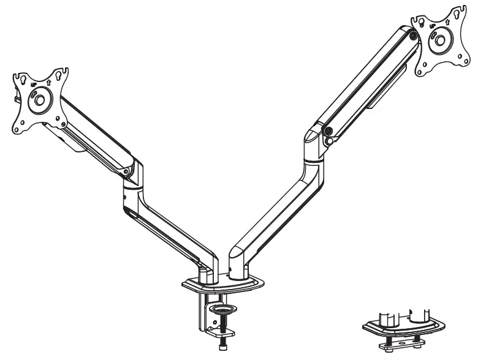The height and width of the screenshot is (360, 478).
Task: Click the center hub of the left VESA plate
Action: pos(39,99)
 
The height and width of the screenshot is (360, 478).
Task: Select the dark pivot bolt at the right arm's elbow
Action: pos(328,130)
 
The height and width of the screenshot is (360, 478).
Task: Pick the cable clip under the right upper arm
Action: pos(383,92)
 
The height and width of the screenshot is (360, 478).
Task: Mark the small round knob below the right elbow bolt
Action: pos(331,140)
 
